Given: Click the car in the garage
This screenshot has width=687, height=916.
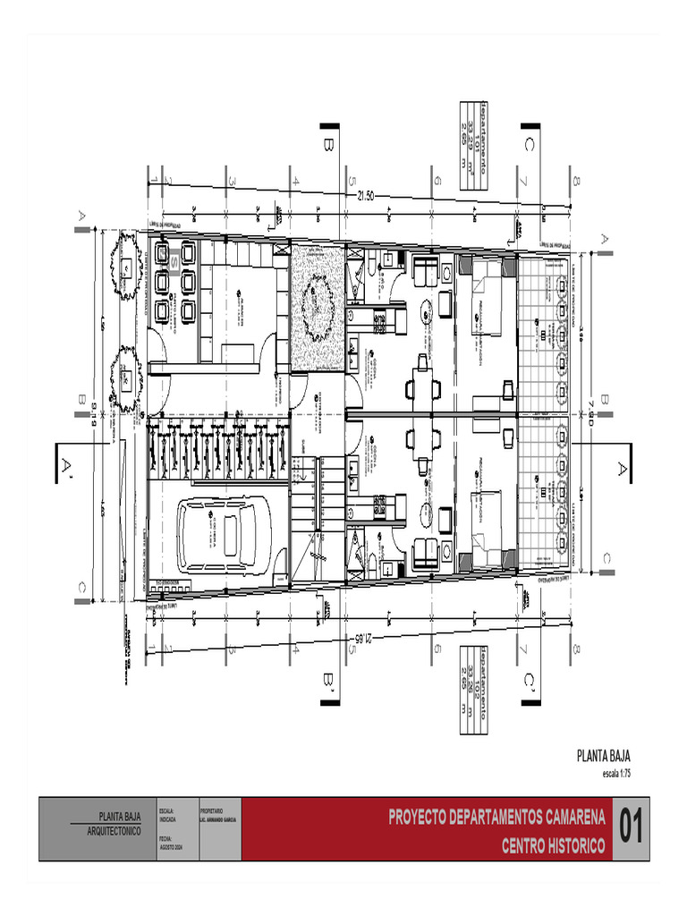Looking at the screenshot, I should pos(224,536).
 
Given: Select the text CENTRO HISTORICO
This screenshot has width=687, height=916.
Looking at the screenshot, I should pos(552,845).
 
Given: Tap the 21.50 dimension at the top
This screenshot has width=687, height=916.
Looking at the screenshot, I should pos(367,195).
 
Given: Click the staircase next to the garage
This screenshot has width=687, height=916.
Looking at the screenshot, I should pos(322,501).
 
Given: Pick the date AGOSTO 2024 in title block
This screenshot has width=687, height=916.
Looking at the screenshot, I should pos(170,846).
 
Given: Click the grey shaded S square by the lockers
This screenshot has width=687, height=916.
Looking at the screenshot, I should pos(174,262).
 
